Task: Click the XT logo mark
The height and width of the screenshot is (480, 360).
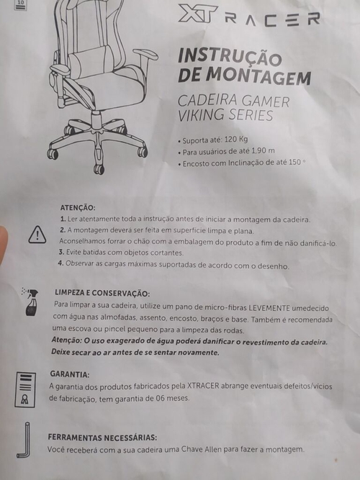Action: [197, 14]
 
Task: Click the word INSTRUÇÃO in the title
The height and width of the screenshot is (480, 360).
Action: [230, 57]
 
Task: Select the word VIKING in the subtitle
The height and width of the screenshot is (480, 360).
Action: [201, 115]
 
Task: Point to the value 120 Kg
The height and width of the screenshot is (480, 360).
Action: [236, 140]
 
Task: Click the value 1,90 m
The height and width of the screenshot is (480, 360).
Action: [263, 151]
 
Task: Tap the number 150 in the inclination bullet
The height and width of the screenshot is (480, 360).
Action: [294, 162]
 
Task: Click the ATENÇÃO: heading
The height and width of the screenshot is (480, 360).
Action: [78, 207]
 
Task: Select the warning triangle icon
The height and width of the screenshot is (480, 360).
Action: [37, 235]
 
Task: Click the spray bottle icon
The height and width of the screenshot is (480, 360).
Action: [31, 302]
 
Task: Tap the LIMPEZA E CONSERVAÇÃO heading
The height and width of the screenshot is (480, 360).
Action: [102, 293]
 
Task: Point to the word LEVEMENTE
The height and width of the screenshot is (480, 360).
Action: [269, 308]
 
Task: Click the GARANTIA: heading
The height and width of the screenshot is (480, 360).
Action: [70, 374]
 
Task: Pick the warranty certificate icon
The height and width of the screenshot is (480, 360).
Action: [25, 390]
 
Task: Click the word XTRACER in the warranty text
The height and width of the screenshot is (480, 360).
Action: [203, 386]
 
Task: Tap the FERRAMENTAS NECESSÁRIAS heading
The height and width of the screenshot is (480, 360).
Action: [102, 438]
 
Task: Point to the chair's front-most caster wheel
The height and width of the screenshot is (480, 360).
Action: [99, 168]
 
